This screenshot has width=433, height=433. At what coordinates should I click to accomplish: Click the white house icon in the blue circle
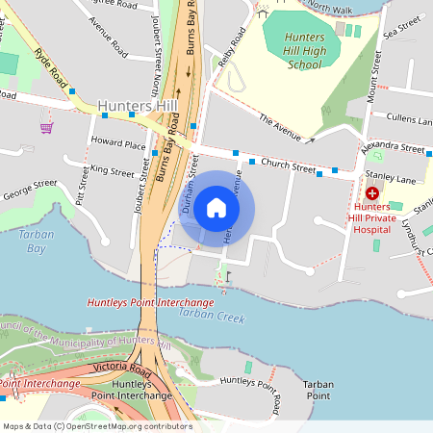(x=216, y=208)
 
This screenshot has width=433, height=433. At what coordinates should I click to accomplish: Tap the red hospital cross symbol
(x=372, y=193)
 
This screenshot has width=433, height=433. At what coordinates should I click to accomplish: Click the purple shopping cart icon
(x=46, y=127)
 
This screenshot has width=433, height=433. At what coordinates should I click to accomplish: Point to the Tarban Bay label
(x=33, y=241)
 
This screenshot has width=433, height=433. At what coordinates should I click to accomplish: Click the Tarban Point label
(x=318, y=389)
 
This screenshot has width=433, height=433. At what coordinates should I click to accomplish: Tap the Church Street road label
(x=288, y=165)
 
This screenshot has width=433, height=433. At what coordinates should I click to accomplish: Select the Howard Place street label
(x=117, y=144)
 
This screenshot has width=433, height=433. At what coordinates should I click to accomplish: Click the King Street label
(x=112, y=171)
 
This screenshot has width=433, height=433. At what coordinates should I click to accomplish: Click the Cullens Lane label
(x=410, y=118)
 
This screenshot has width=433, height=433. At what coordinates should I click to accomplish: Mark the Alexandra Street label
(x=394, y=150)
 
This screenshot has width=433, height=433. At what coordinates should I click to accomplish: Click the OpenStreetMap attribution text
(x=96, y=425)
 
